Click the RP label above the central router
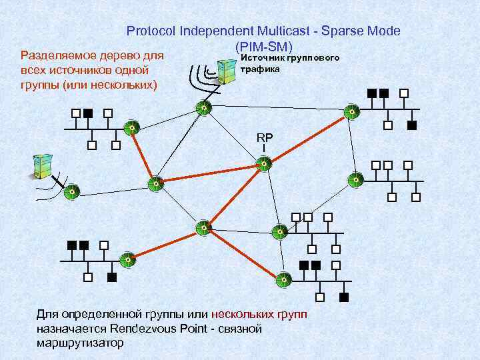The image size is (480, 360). [265, 137]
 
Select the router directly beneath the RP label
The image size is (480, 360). [265, 163]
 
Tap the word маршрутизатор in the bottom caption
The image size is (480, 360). [80, 343]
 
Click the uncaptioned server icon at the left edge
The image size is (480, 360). [41, 166]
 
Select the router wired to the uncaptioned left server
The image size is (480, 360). [73, 191]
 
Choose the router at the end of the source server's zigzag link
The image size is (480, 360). [203, 107]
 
